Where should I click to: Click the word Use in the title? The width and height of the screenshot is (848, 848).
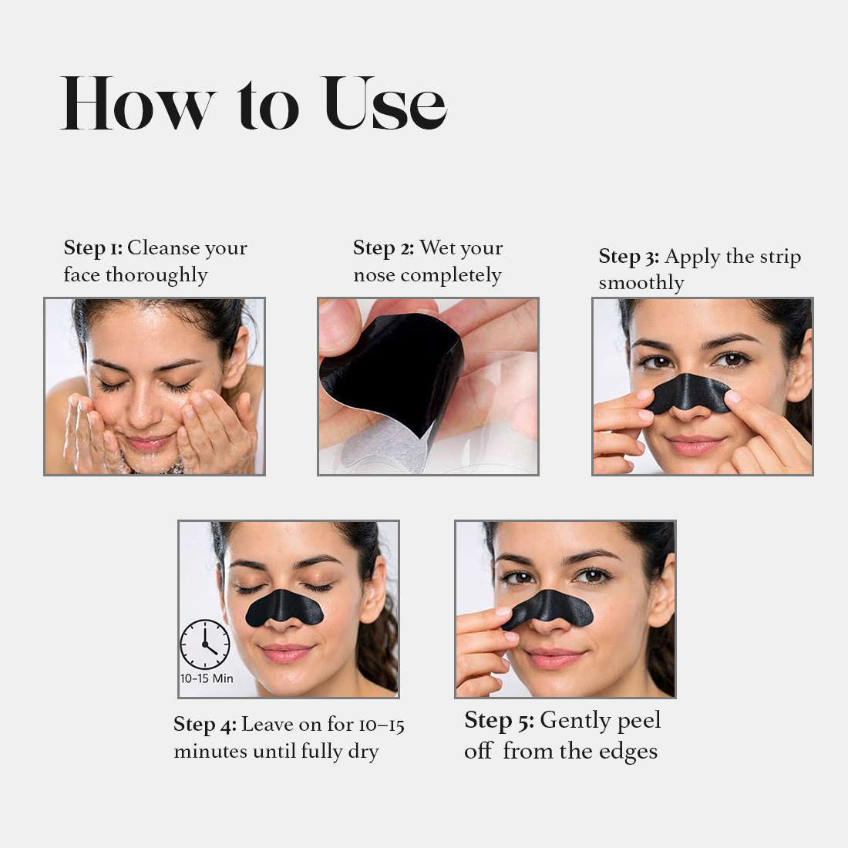pyautogui.click(x=385, y=103)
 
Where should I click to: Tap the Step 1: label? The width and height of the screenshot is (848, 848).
pyautogui.click(x=93, y=248)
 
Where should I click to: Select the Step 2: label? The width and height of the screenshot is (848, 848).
pyautogui.click(x=383, y=248)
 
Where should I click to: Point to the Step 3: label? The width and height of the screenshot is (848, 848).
pyautogui.click(x=628, y=257)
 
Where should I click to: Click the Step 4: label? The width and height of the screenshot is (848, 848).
pyautogui.click(x=204, y=725)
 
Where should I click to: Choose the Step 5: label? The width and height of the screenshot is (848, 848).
pyautogui.click(x=499, y=721)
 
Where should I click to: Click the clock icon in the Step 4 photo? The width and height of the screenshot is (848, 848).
pyautogui.click(x=205, y=644)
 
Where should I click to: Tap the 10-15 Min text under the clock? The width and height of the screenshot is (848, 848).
pyautogui.click(x=207, y=679)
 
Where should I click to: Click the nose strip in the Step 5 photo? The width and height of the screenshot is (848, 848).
pyautogui.click(x=549, y=607)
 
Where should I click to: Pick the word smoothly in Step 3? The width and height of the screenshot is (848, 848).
pyautogui.click(x=641, y=283)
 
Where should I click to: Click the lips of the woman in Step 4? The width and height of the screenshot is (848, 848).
pyautogui.click(x=287, y=654)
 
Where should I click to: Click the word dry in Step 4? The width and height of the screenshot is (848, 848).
pyautogui.click(x=363, y=752)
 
